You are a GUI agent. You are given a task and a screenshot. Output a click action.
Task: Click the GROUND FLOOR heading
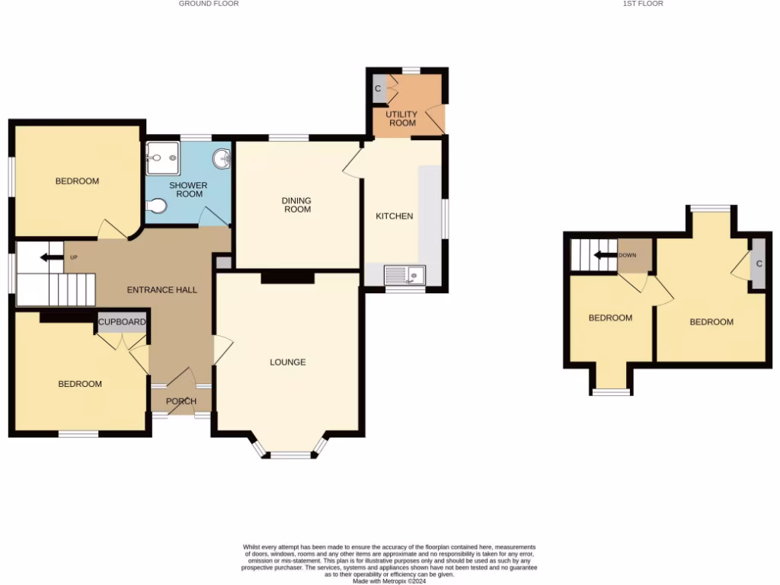pyautogui.click(x=209, y=4)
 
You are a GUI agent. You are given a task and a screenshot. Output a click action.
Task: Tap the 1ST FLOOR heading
pyautogui.click(x=643, y=4)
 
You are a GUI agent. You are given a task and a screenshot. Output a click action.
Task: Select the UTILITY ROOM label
pyautogui.click(x=402, y=118)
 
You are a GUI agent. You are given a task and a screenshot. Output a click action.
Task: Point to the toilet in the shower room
pyautogui.click(x=157, y=206)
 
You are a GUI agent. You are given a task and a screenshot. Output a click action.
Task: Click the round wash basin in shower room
pyautogui.click(x=222, y=158)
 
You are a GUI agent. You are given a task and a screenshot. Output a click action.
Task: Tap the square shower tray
pyautogui.click(x=163, y=158)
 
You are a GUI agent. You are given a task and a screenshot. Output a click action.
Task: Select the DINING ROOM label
pyautogui.click(x=297, y=205)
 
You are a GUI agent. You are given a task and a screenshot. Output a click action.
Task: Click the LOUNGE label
pyautogui.click(x=287, y=362)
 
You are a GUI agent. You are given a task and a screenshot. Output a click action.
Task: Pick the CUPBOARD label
pyautogui.click(x=121, y=322)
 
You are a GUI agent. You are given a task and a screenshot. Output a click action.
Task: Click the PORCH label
pyautogui.click(x=181, y=401)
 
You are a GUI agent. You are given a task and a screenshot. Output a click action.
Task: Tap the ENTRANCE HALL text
pyautogui.click(x=161, y=289)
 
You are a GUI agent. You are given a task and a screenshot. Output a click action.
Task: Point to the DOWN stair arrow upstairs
pyautogui.click(x=607, y=255)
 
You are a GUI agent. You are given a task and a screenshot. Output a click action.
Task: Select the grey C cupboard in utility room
pyautogui.click(x=378, y=90)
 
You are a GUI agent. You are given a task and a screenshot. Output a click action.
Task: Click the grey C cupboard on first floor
pyautogui.click(x=759, y=264)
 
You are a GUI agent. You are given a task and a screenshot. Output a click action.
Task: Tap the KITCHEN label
pyautogui.click(x=395, y=216)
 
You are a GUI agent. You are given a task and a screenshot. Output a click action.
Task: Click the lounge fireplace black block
pyautogui.click(x=287, y=278)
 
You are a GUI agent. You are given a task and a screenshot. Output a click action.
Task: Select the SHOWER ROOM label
pyautogui.click(x=187, y=190)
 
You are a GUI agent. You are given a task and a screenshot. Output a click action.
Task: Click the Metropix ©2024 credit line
pyautogui.click(x=389, y=580)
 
